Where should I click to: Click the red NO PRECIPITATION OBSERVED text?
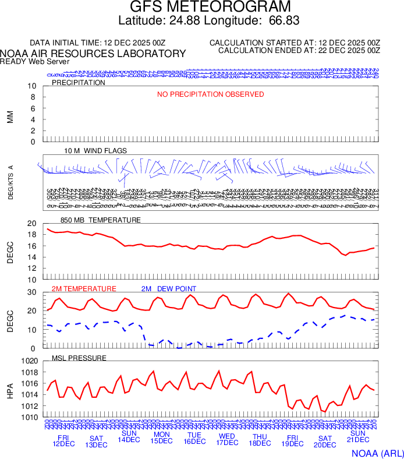[210, 94]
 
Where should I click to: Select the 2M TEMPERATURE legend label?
[84, 289]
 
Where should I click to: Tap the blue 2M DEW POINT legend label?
[169, 289]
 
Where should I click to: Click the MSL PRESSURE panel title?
[79, 358]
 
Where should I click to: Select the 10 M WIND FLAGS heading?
[95, 151]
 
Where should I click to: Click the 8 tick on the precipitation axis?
[33, 97]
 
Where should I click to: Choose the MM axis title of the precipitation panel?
[10, 117]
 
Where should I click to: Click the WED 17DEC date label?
[226, 440]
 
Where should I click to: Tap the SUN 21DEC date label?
[357, 437]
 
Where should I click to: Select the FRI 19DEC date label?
[292, 441]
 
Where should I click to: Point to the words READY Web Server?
[35, 62]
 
